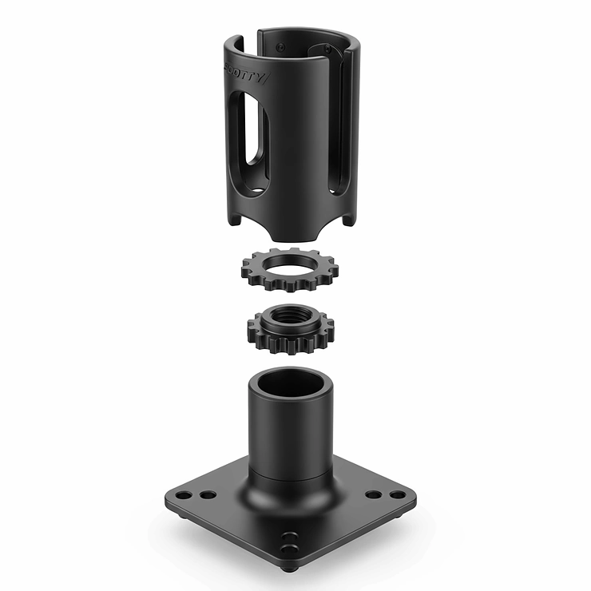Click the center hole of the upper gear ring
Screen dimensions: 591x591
pos(290,264)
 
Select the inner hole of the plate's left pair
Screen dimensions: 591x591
pos(208,494)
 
